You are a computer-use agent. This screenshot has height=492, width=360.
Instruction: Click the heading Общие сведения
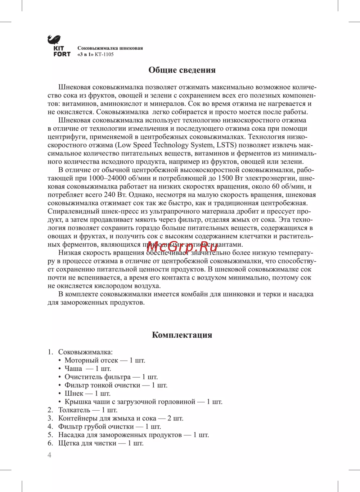[x=182, y=70]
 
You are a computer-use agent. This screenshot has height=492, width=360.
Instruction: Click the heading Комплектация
[x=182, y=335]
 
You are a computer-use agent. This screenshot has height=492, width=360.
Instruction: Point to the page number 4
[x=50, y=455]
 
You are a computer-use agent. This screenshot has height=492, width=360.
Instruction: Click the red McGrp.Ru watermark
[x=182, y=247]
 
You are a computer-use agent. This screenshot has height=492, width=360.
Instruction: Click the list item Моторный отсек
[x=91, y=360]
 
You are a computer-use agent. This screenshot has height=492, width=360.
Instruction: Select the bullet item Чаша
[x=73, y=369]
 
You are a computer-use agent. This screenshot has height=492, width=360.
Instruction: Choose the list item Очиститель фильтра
[x=98, y=377]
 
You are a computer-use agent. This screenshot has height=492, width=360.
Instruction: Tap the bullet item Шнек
[x=74, y=393]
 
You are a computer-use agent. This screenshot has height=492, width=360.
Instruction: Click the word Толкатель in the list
[x=74, y=410]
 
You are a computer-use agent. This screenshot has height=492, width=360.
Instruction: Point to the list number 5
[x=50, y=435]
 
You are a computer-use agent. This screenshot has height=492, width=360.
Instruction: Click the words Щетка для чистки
[x=87, y=443]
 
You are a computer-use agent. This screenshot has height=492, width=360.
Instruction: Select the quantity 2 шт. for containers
[x=175, y=418]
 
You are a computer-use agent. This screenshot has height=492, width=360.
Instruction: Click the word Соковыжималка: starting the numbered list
[x=85, y=352]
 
